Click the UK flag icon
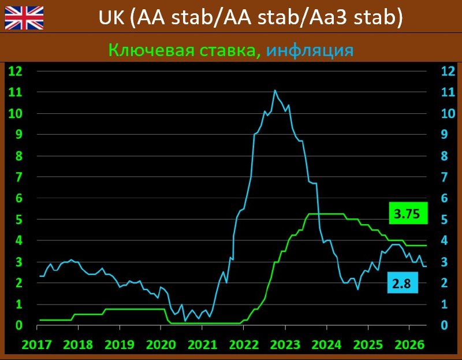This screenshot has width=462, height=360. coord(24,18)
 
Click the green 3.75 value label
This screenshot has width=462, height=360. coord(408,213)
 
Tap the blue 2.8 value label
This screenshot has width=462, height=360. coord(403,283)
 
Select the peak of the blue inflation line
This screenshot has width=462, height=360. coord(275,91)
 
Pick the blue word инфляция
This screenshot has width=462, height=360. coord(310,50)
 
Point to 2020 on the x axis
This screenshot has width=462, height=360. coord(161,344)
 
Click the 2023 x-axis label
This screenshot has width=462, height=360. coord(285,344)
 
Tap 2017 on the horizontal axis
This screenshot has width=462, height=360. coord(37,344)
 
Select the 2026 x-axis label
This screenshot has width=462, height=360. coord(409,344)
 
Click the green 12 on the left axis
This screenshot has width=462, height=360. coord(16,71)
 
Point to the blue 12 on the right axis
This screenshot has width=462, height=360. coord(448,71)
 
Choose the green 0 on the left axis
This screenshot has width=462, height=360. coord(19,325)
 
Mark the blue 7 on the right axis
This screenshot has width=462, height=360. coord(444,177)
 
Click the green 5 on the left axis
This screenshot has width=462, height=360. coord(19,220)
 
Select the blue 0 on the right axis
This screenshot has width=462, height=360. coord(444,325)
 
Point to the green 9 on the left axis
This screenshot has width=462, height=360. coord(19,135)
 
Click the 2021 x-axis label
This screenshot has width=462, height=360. coord(203,344)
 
